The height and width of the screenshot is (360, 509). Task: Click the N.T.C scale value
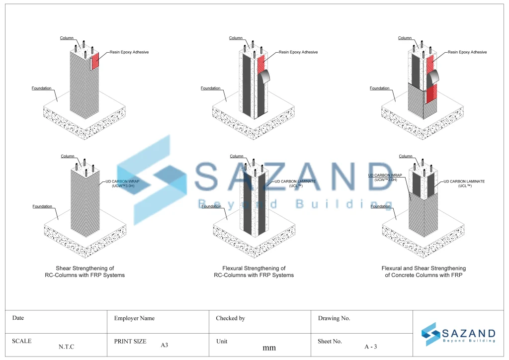pyautogui.click(x=66, y=347)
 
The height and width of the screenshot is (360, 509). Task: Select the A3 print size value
pyautogui.click(x=165, y=345)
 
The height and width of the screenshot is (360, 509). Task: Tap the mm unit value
pyautogui.click(x=269, y=348)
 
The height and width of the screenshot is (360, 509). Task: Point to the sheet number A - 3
pyautogui.click(x=371, y=347)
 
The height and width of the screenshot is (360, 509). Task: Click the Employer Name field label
pyautogui.click(x=134, y=318)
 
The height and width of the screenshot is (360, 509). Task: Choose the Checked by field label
pyautogui.click(x=230, y=318)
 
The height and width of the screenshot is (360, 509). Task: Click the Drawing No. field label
pyautogui.click(x=334, y=318)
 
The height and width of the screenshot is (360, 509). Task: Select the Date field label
pyautogui.click(x=18, y=318)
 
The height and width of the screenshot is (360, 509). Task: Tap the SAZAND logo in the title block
pyautogui.click(x=458, y=334)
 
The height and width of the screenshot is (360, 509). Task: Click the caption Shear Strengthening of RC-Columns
pyautogui.click(x=85, y=271)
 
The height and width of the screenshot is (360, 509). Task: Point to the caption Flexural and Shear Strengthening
pyautogui.click(x=424, y=271)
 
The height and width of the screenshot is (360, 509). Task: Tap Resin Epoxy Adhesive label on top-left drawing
pyautogui.click(x=129, y=52)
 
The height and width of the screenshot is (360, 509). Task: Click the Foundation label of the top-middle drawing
pyautogui.click(x=210, y=89)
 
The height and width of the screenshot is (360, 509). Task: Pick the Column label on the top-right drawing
pyautogui.click(x=405, y=38)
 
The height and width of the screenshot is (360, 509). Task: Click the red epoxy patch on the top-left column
pyautogui.click(x=95, y=60)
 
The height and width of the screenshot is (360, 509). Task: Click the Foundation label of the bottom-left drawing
pyautogui.click(x=42, y=206)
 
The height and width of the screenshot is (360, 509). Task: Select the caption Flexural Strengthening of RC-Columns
pyautogui.click(x=254, y=271)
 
